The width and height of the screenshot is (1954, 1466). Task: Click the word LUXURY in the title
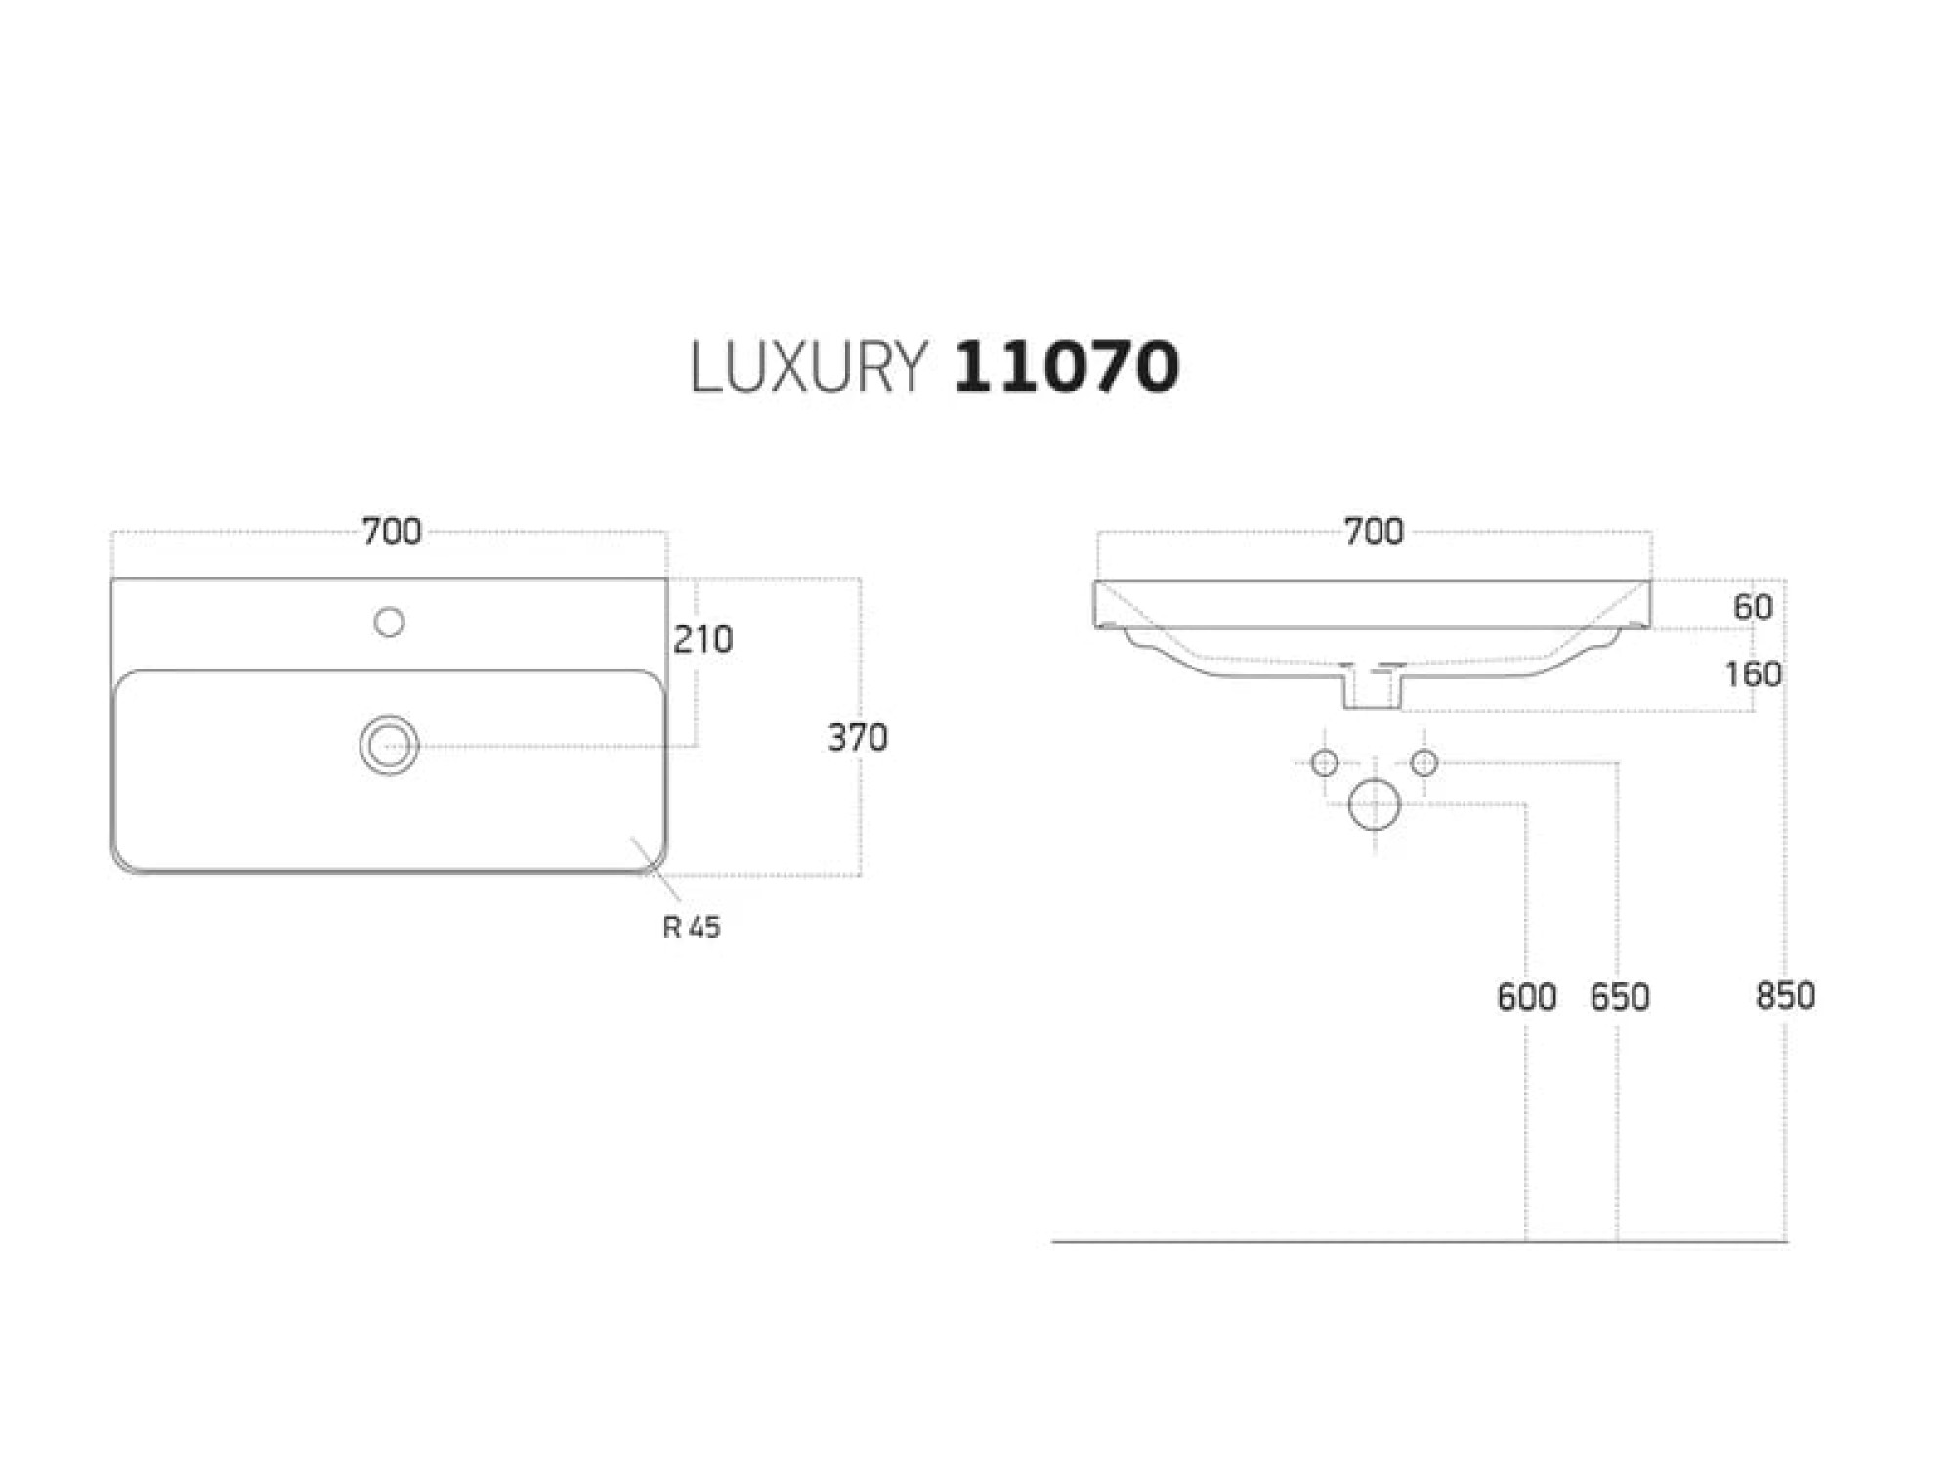[x=807, y=367]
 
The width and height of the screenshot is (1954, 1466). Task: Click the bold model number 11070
[x=1066, y=367]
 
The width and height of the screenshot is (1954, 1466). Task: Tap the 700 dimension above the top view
[x=392, y=532]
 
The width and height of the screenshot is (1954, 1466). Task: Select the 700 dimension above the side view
[x=1374, y=532]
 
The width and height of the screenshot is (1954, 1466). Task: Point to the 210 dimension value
[x=702, y=640]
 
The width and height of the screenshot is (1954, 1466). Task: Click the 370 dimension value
[x=858, y=738]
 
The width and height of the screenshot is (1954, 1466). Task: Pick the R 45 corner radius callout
[x=692, y=927]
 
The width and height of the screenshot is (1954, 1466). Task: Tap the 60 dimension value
[x=1753, y=607]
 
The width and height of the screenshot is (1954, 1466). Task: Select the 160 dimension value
[x=1753, y=674]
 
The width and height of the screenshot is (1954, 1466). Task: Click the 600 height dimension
[x=1526, y=997]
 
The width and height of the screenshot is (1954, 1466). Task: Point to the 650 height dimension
[x=1620, y=997]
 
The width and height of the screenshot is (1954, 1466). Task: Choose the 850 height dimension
[x=1785, y=996]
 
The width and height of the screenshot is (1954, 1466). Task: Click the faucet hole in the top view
[x=389, y=622]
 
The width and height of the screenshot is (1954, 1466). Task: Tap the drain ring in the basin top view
[x=389, y=746]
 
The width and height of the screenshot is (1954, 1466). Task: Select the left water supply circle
[x=1324, y=762]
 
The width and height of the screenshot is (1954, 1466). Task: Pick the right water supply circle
[x=1424, y=762]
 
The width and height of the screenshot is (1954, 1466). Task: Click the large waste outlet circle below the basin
[x=1374, y=804]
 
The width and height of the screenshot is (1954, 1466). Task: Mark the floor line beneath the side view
[x=1420, y=1241]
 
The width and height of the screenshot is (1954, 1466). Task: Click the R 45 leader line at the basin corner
[x=656, y=868]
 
